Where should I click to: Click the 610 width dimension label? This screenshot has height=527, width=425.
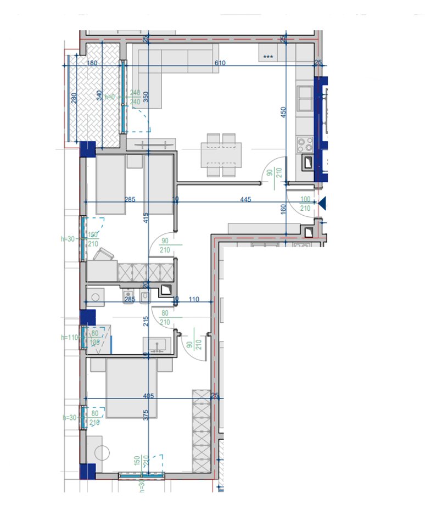220,63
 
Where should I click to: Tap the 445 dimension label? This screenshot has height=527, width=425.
245,200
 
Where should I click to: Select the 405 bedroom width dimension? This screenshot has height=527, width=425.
148,396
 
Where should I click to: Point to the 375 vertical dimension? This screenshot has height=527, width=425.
146,415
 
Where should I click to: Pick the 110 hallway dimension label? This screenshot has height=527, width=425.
193,300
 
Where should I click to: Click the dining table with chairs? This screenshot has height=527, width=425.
221,155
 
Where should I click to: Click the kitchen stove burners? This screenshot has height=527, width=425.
305,144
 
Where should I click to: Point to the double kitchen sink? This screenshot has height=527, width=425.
305,99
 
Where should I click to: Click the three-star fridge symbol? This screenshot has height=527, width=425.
268,57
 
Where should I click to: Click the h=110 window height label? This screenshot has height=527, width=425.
70,338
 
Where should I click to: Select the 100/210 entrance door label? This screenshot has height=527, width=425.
306,204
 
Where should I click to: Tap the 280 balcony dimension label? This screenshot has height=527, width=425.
74,102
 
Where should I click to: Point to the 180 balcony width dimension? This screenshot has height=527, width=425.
92,63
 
